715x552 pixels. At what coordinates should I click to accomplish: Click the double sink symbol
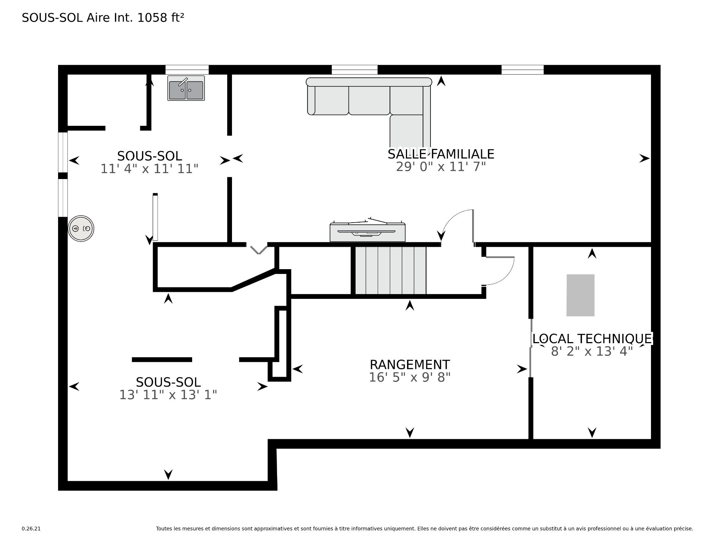[x=186, y=88]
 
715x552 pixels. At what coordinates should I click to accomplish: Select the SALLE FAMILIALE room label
[x=441, y=154]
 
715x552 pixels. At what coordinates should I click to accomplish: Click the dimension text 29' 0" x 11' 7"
[x=441, y=167]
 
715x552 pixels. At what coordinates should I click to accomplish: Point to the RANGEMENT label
[x=410, y=364]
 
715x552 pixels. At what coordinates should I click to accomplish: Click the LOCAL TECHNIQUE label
[x=592, y=339]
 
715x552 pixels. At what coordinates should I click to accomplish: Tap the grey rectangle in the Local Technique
[x=580, y=295]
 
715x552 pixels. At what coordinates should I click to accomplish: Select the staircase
[x=390, y=270]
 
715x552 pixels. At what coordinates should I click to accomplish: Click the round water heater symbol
[x=81, y=228]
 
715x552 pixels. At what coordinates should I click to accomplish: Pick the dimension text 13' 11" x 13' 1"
[x=168, y=395]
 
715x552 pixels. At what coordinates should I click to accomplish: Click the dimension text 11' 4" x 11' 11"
[x=149, y=169]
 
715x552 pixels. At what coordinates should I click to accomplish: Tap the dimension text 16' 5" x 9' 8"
[x=410, y=377]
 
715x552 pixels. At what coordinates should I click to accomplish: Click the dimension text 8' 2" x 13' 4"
[x=592, y=351]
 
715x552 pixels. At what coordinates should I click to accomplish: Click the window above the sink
[x=187, y=70]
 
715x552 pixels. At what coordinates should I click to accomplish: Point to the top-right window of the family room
[x=522, y=70]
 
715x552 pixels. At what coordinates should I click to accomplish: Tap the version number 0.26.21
[x=31, y=529]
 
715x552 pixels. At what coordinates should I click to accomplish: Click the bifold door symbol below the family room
[x=258, y=249]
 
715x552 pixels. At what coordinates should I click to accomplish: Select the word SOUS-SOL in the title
[x=53, y=17]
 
